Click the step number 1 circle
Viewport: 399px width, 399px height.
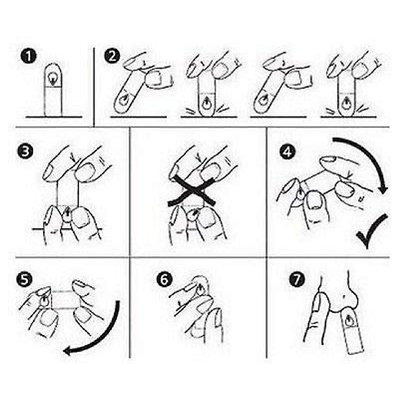pyautogui.click(x=29, y=56)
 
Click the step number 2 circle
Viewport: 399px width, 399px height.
pyautogui.click(x=112, y=56)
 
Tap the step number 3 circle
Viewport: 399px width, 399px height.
pyautogui.click(x=25, y=151)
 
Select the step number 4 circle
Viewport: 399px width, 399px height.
pyautogui.click(x=288, y=151)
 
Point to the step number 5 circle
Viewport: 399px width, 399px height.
pyautogui.click(x=24, y=279)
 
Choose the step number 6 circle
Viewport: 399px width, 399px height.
pyautogui.click(x=165, y=279)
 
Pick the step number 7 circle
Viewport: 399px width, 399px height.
pyautogui.click(x=297, y=279)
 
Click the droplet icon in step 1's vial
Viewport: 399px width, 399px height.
pyautogui.click(x=53, y=79)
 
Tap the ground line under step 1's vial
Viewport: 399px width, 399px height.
pyautogui.click(x=54, y=117)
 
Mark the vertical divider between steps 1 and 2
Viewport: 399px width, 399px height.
pyautogui.click(x=94, y=87)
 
